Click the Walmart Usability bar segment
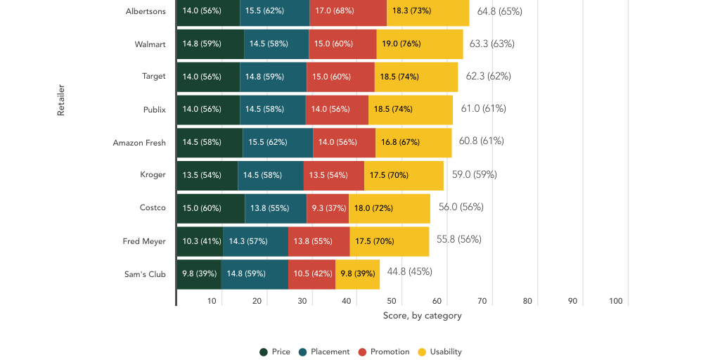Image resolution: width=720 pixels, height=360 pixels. tap(420, 44)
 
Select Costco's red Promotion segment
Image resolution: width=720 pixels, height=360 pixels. tap(328, 208)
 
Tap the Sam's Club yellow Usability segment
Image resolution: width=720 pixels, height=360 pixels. tap(357, 274)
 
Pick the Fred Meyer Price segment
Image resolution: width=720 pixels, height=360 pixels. tap(200, 241)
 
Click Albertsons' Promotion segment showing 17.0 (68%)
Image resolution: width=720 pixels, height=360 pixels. tap(347, 11)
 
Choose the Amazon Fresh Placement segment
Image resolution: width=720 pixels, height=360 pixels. tap(278, 142)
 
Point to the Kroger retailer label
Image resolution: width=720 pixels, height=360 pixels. tap(153, 175)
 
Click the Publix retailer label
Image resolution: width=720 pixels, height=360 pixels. tap(154, 110)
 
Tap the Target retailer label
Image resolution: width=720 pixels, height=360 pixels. tap(153, 77)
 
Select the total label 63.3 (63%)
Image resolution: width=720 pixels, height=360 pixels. tap(491, 44)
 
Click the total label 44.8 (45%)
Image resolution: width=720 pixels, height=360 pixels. tap(409, 271)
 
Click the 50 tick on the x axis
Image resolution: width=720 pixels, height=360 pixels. tap(392, 301)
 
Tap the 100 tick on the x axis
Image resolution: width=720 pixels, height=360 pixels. tap(615, 301)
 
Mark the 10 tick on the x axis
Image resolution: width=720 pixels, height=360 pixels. tap(212, 301)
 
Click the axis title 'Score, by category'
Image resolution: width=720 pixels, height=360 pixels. tap(422, 316)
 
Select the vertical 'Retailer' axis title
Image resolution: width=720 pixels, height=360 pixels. tap(61, 100)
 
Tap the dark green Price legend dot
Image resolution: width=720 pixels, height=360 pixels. tap(264, 352)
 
